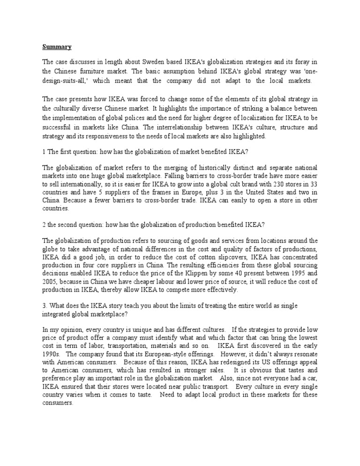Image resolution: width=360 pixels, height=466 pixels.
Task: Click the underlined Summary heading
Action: point(57,47)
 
